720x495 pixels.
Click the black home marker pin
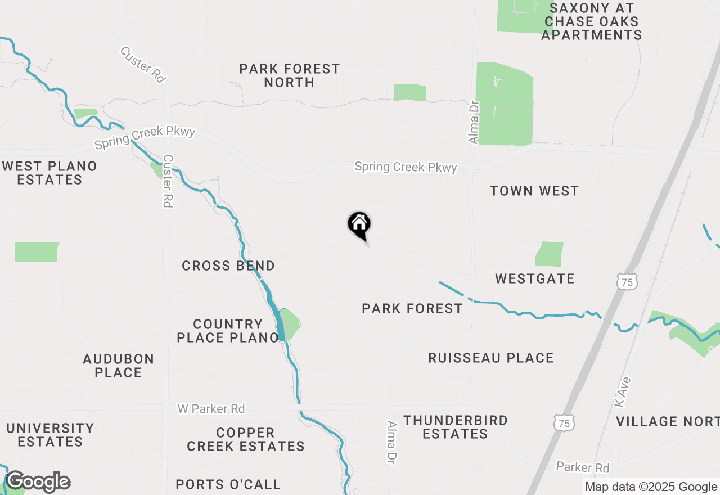(359, 226)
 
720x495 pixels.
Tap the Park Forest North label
(290, 75)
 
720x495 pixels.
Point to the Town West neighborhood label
(534, 191)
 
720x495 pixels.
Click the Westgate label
(535, 278)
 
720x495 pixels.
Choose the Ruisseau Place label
(491, 358)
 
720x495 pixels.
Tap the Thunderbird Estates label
(456, 427)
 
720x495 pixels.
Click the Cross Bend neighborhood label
(228, 265)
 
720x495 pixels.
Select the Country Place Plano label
(228, 331)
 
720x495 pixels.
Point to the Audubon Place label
(118, 366)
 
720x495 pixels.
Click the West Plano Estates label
(49, 173)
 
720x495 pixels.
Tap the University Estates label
(50, 435)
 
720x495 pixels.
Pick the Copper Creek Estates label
(246, 439)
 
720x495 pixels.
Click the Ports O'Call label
(228, 484)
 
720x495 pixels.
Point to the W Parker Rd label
(211, 408)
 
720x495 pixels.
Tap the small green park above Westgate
(549, 254)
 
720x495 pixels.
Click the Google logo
(38, 482)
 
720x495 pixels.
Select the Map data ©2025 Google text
(651, 487)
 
